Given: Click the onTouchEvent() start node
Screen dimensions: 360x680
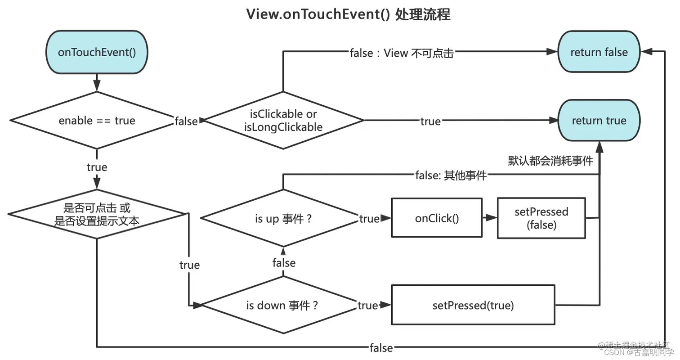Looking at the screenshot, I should (x=97, y=52).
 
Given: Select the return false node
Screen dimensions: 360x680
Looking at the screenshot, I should (x=599, y=52).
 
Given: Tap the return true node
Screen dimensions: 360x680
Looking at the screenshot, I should (x=599, y=120).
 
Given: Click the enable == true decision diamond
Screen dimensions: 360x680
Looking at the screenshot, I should (x=97, y=121).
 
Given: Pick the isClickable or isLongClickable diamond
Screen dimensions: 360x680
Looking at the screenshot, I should (x=283, y=121).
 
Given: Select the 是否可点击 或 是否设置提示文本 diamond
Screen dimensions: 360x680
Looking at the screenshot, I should (x=97, y=214).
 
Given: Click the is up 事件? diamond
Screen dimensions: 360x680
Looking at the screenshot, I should (x=283, y=219).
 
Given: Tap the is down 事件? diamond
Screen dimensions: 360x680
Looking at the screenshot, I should (x=283, y=306).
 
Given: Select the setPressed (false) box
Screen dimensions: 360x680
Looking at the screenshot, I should (x=541, y=218).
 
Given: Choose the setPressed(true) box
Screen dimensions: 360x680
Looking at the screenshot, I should (x=473, y=305).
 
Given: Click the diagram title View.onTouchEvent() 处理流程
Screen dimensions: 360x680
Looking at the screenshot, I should (x=348, y=14).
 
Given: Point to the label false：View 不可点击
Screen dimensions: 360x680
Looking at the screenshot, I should (x=402, y=53).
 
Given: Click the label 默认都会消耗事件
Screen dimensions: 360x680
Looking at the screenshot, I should (x=550, y=161).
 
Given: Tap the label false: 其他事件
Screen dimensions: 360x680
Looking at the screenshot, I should (x=451, y=175).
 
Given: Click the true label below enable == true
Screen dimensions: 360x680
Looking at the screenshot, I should (x=97, y=167).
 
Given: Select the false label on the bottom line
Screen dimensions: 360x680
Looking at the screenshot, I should (x=381, y=347).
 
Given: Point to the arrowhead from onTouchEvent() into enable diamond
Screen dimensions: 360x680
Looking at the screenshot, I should (x=97, y=87).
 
